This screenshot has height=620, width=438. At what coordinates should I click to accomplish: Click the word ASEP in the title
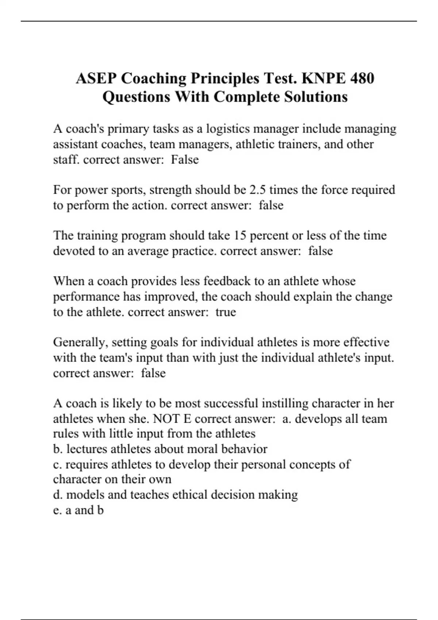tap(96, 78)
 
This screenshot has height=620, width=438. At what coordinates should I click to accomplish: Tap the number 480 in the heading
tap(362, 78)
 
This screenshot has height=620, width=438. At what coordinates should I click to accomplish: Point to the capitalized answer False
tap(185, 160)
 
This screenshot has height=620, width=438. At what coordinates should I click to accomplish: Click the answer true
tap(226, 312)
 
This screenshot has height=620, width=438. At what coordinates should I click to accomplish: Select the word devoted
tap(74, 251)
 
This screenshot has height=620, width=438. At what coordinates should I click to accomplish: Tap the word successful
tap(231, 403)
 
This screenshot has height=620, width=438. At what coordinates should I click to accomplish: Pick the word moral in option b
tap(190, 449)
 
